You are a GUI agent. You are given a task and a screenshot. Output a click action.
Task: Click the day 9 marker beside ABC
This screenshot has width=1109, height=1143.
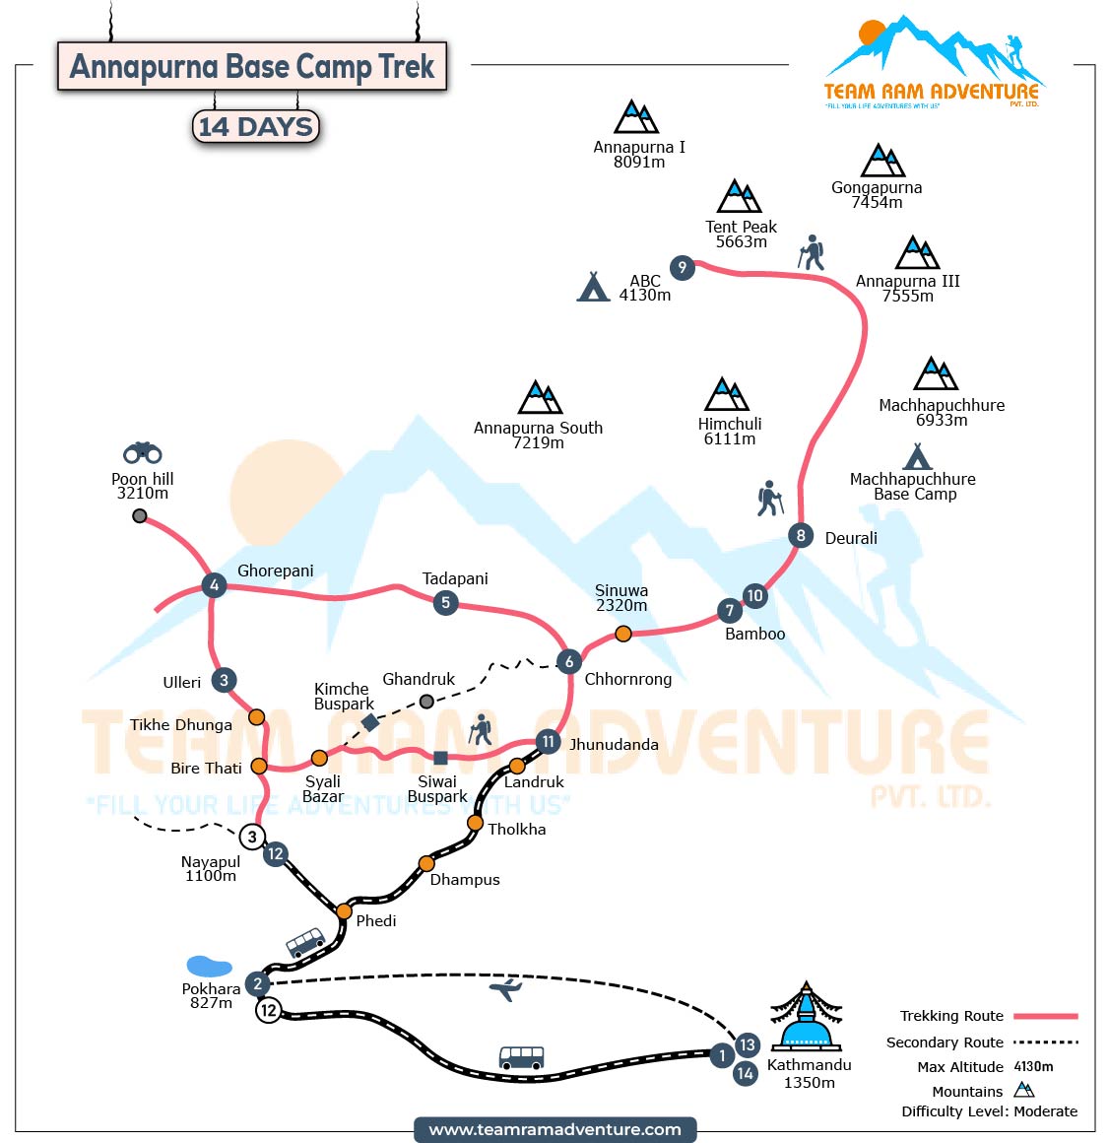click(x=682, y=267)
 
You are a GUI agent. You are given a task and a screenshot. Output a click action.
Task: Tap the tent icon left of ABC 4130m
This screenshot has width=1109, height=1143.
click(x=593, y=287)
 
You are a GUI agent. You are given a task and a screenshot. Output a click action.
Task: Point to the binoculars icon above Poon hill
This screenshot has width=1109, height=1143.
click(x=143, y=452)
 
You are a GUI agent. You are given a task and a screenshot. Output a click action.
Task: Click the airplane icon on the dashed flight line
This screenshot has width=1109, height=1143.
click(x=505, y=989)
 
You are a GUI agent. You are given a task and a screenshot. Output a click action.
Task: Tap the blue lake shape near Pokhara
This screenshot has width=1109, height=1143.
click(x=209, y=966)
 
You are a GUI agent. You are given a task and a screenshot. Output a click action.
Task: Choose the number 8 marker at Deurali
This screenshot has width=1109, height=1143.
click(x=801, y=536)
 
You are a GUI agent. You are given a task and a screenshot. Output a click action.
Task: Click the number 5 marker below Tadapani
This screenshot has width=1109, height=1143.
click(x=446, y=602)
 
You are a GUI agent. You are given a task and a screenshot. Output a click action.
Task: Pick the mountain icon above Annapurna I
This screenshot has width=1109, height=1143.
click(x=636, y=117)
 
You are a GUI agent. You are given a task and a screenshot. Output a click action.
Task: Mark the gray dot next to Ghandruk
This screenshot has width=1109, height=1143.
click(x=426, y=702)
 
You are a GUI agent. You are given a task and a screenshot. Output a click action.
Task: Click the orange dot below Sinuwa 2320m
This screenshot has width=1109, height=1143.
click(x=622, y=634)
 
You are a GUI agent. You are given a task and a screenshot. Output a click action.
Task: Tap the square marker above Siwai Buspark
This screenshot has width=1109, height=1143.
click(x=440, y=758)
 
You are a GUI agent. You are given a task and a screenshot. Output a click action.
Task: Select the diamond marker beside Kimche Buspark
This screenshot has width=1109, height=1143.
click(x=370, y=722)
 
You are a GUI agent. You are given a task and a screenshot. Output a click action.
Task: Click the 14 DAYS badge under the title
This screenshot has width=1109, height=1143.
click(x=256, y=127)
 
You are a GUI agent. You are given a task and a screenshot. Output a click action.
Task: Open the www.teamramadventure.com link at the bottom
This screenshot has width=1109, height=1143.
click(x=555, y=1129)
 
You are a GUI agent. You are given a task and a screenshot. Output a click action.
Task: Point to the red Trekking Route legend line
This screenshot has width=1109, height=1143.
click(x=1046, y=1016)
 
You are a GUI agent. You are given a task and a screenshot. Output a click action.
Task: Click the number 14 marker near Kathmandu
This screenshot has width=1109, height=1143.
click(x=746, y=1073)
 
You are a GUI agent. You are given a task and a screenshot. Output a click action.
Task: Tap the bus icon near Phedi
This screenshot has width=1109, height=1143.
click(x=305, y=942)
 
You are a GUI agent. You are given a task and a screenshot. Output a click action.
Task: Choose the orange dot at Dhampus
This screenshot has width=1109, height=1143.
click(x=426, y=864)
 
